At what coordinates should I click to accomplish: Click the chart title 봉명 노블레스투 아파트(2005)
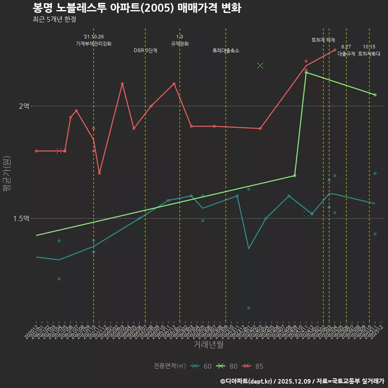(137, 8)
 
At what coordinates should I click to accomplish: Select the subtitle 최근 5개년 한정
(54, 19)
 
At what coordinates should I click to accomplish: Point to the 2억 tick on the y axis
(24, 106)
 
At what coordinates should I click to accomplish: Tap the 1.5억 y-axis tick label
(21, 218)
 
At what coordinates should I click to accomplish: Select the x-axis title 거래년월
(208, 344)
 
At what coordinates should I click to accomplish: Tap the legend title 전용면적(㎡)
(170, 366)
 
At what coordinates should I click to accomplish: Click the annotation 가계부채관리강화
(94, 44)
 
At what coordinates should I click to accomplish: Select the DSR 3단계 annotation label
(145, 51)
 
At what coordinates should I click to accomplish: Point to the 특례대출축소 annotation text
(226, 51)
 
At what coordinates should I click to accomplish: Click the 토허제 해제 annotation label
(323, 40)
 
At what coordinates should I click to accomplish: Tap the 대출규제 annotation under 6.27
(346, 54)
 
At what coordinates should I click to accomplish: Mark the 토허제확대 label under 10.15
(369, 54)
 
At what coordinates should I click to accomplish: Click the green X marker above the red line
(260, 65)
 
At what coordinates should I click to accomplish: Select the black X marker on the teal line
(306, 213)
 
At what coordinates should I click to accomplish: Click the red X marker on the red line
(59, 151)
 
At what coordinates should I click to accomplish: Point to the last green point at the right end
(375, 95)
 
